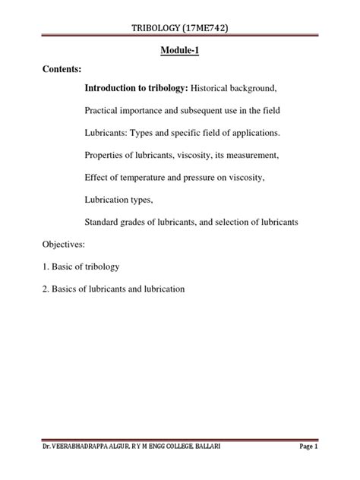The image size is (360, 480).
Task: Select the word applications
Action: pos(251,133)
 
